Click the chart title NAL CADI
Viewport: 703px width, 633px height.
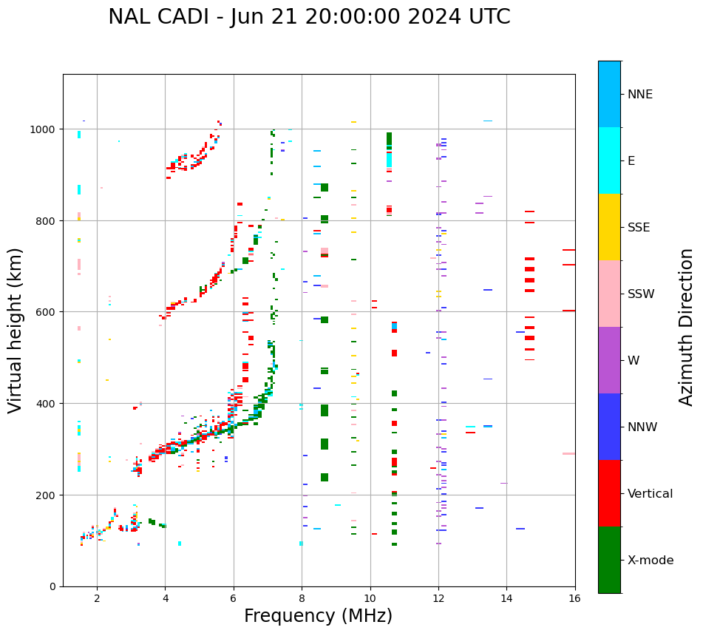(x=309, y=17)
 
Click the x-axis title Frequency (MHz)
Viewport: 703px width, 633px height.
(x=318, y=616)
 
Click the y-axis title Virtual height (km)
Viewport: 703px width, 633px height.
(x=16, y=331)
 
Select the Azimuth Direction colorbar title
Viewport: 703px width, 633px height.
(x=687, y=327)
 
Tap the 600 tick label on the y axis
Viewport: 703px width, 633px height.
(x=48, y=312)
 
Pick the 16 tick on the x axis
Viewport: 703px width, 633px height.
(x=574, y=599)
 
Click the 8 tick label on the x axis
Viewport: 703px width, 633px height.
(x=302, y=599)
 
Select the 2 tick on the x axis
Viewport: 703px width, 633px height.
(x=97, y=599)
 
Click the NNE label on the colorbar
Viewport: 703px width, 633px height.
(x=640, y=95)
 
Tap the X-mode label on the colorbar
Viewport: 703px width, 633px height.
(x=651, y=561)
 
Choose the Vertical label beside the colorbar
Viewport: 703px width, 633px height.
(x=651, y=494)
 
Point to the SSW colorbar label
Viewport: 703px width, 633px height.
(x=641, y=294)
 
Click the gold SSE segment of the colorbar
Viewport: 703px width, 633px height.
(x=609, y=227)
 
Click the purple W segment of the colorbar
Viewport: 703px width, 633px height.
(x=609, y=360)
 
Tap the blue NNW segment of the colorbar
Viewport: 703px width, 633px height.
(x=609, y=427)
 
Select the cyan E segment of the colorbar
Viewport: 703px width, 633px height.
(x=609, y=160)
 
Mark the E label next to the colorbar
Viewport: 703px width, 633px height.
(x=631, y=161)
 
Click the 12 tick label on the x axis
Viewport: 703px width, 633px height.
(x=438, y=599)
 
